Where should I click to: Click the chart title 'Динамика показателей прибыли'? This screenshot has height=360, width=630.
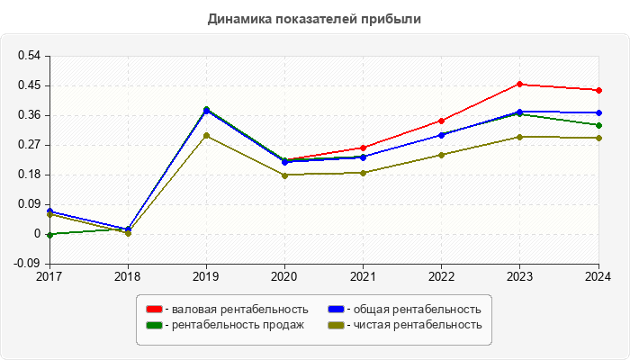click(314, 19)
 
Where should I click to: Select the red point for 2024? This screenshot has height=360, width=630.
click(598, 90)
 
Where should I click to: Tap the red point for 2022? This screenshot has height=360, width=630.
click(442, 121)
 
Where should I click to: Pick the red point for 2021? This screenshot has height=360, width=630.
click(364, 148)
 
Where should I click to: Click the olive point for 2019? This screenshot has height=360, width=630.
click(207, 136)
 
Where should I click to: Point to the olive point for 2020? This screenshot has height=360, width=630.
click(285, 175)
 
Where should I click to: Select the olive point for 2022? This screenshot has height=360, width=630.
click(442, 155)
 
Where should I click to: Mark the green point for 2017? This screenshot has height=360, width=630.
click(50, 234)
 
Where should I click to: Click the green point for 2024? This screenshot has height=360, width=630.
click(598, 125)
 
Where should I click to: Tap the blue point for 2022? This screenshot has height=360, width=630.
click(442, 135)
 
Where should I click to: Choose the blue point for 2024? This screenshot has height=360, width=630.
click(598, 112)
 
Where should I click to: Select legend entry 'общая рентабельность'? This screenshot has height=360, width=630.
click(413, 310)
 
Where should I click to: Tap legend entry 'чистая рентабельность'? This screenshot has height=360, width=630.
click(412, 325)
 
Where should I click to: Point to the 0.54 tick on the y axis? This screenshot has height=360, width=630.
click(30, 56)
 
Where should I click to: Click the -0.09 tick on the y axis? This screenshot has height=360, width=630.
click(28, 264)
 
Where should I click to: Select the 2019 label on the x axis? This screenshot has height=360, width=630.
click(207, 276)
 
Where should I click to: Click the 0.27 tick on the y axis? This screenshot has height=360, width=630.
click(30, 145)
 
